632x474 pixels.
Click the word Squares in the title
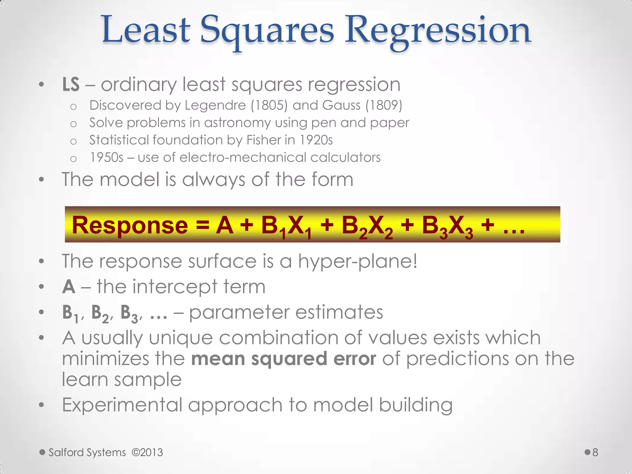coord(267,31)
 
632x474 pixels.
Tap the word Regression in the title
coord(437,31)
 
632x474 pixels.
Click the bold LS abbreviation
coord(71,84)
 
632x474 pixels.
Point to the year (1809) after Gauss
coord(384,106)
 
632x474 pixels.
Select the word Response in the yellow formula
coord(130,225)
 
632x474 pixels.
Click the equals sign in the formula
coord(202,225)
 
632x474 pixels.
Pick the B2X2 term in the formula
coord(367,227)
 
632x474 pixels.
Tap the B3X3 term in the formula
coord(447,227)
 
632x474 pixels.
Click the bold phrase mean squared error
coord(284,359)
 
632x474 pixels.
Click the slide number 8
coord(595,452)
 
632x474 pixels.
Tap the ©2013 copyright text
coord(147,452)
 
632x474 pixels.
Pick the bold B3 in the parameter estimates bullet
coord(129,313)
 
